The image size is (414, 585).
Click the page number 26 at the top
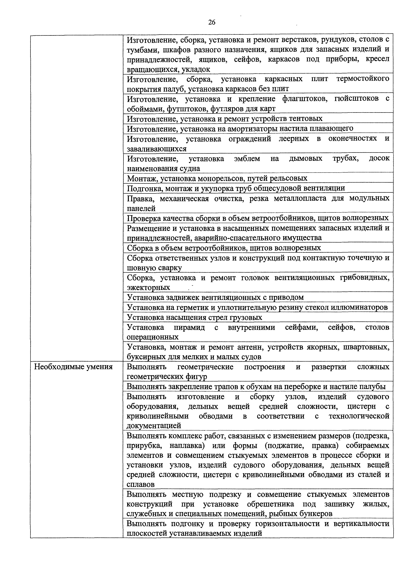click(x=212, y=22)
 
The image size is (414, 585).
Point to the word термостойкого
click(x=363, y=79)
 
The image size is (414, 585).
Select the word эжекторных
click(x=148, y=288)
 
